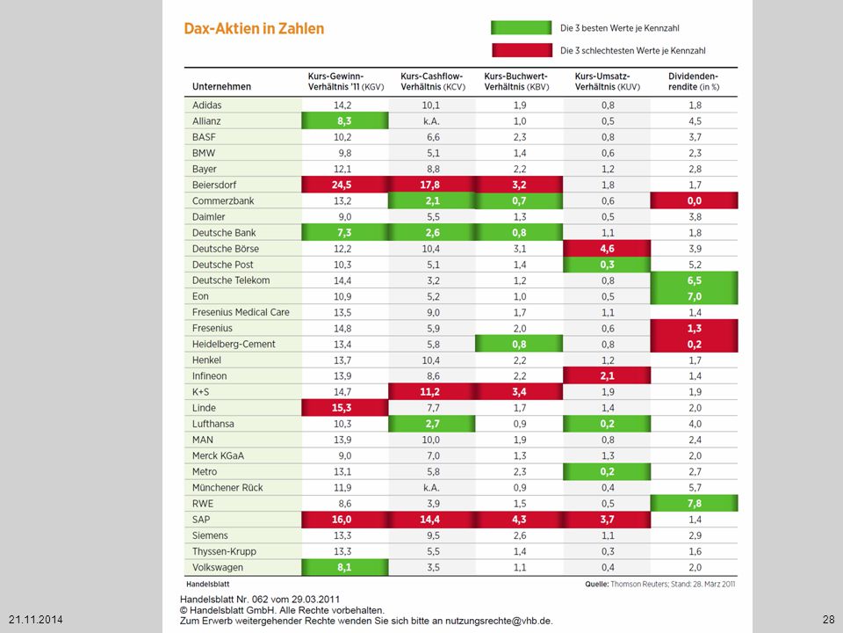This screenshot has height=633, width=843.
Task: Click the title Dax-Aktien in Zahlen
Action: (254, 28)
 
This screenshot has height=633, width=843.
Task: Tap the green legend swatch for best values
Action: (521, 28)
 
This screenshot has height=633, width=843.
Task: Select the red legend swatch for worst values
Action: (522, 50)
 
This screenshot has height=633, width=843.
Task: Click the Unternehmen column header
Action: (221, 87)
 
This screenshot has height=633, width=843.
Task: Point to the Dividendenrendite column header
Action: (694, 81)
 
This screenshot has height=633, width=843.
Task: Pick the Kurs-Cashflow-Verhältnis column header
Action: (432, 81)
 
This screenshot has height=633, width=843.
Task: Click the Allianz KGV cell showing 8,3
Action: (344, 121)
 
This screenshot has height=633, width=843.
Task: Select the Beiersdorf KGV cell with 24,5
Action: (344, 185)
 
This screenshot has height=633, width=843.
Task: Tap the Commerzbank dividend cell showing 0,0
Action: (694, 200)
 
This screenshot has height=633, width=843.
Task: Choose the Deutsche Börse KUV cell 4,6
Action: (607, 249)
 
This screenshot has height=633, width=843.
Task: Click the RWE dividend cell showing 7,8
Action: (694, 503)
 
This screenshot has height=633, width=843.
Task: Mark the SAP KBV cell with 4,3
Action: (519, 520)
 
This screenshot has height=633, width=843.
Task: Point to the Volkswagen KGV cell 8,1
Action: (344, 567)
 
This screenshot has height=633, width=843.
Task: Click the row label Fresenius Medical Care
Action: (241, 312)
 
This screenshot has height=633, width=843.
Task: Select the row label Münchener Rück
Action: (227, 488)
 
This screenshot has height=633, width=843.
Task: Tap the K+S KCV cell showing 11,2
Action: (432, 392)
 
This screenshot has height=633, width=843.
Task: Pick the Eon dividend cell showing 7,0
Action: (694, 296)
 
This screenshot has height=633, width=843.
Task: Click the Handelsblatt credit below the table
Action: (208, 584)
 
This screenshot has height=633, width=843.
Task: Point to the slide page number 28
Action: (828, 619)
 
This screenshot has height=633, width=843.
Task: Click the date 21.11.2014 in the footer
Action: (35, 620)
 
